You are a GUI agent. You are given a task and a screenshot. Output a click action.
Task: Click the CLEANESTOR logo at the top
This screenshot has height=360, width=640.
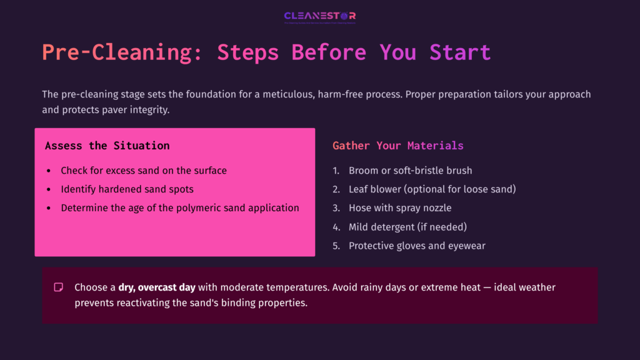[x=319, y=16]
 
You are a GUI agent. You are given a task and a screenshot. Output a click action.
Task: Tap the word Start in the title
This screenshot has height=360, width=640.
[x=460, y=52]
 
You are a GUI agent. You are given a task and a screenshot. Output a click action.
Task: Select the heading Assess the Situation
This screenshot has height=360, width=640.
[x=107, y=146]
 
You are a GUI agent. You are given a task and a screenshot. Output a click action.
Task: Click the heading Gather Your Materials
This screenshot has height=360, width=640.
[x=397, y=146]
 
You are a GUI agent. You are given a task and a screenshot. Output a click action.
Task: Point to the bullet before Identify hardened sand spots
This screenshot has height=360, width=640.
[x=49, y=189]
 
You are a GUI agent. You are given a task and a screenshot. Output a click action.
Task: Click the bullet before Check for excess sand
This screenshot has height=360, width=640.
[x=49, y=171]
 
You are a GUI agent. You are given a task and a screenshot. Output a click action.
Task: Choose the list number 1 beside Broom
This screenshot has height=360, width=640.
[x=336, y=171]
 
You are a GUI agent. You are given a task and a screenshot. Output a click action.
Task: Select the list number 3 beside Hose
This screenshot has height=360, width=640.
[x=336, y=208]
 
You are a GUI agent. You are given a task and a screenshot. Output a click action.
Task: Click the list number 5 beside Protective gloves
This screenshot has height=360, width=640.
[x=336, y=246]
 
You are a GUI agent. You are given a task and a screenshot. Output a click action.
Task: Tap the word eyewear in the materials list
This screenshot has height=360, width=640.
[x=466, y=246]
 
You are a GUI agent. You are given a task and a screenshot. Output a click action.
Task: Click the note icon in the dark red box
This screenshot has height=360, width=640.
[x=59, y=287]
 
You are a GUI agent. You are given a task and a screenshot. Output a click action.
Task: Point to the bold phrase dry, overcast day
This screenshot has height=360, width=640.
[x=157, y=287]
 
